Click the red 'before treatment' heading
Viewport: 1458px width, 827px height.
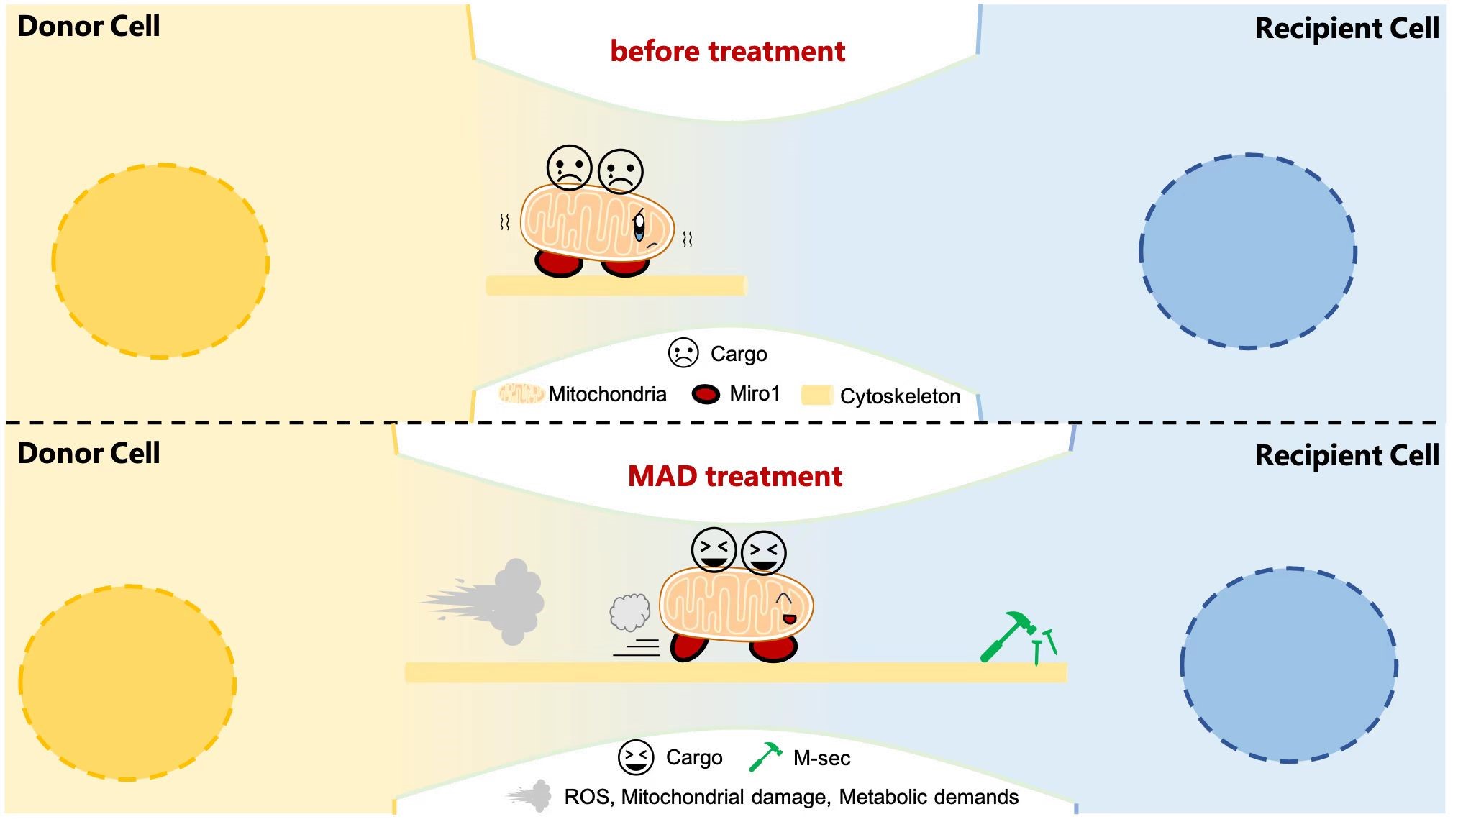(x=727, y=52)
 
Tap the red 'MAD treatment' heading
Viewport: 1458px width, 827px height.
(x=734, y=477)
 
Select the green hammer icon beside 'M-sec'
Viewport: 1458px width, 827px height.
(x=765, y=757)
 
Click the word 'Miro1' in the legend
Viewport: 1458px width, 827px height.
(x=755, y=394)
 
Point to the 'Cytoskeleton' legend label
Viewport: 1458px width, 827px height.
(x=900, y=396)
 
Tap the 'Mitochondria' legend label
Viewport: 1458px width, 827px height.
(x=607, y=394)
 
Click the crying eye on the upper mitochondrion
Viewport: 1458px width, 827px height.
(x=639, y=226)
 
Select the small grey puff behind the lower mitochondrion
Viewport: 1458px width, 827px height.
(x=630, y=612)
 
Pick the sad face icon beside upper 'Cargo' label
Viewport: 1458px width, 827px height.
(x=683, y=353)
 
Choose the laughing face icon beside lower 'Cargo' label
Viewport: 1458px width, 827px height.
(x=636, y=757)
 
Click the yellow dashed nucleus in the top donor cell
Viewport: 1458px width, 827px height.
(x=160, y=261)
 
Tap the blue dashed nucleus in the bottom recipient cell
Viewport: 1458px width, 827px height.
(x=1288, y=665)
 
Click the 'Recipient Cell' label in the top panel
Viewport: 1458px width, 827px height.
(x=1347, y=29)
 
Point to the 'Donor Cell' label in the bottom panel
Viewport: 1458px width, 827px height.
(x=88, y=454)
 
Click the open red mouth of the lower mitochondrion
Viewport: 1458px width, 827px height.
(x=789, y=618)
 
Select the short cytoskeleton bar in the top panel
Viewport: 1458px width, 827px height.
(x=616, y=285)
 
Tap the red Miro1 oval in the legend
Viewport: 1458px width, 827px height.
(x=706, y=395)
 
